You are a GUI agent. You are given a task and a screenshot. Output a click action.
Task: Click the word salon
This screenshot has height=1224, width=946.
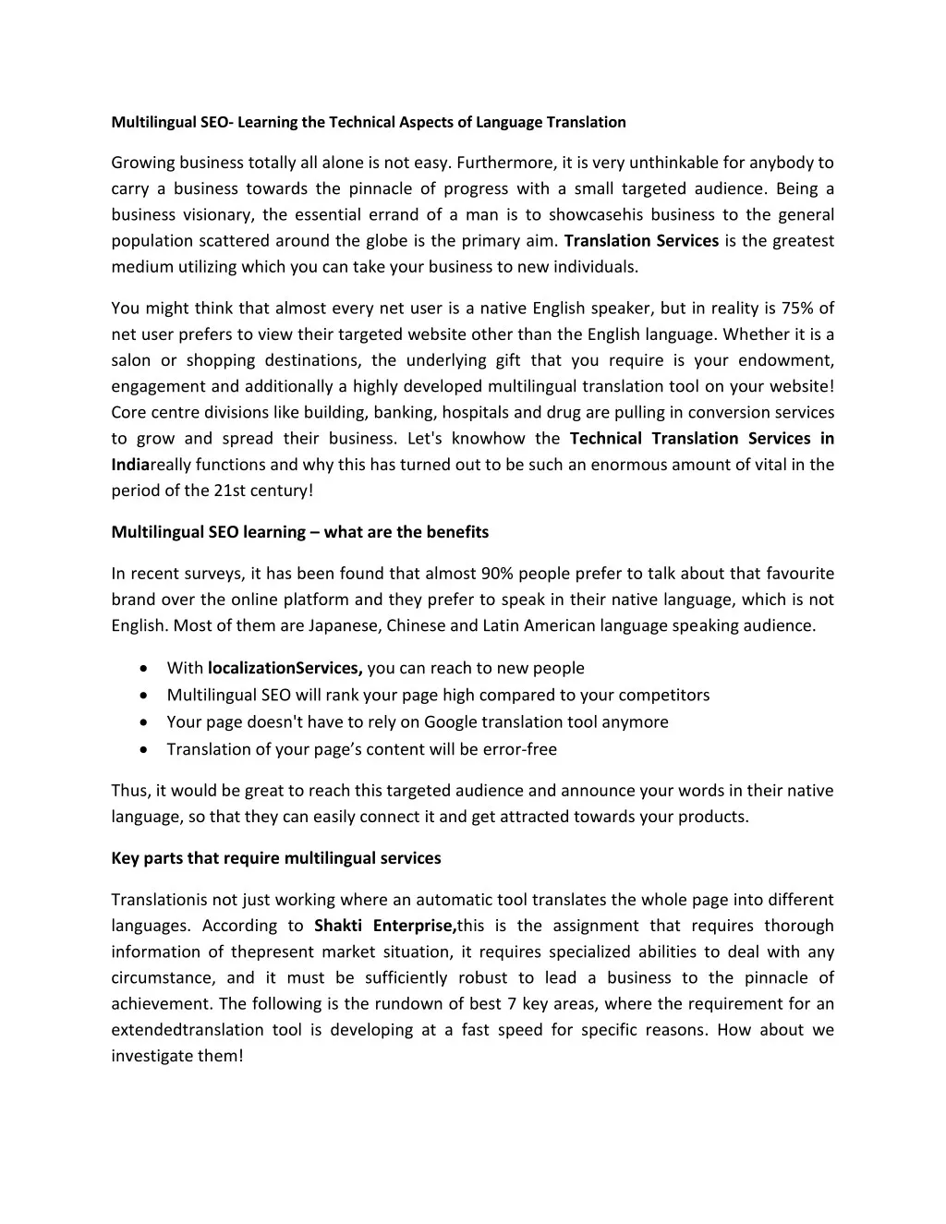130,360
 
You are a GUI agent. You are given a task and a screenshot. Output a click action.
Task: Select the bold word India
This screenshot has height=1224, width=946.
130,465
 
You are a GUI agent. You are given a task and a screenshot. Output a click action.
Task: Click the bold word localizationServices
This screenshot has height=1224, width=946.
285,668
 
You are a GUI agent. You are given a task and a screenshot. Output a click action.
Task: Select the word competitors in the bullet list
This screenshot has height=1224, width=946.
664,695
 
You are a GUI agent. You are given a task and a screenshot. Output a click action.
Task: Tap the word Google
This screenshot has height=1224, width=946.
452,721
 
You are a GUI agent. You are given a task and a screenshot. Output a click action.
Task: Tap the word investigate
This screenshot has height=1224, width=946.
152,1056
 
